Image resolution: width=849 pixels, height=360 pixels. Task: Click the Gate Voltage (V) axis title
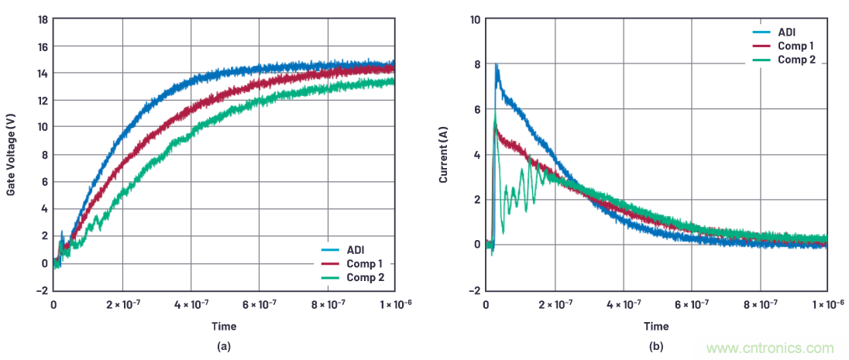[12, 154]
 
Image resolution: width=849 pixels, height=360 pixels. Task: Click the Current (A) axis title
[444, 154]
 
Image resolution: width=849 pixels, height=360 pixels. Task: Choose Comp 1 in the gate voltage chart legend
[364, 264]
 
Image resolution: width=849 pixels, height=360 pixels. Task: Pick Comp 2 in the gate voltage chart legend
[364, 277]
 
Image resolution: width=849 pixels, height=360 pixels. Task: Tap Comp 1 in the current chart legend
[796, 46]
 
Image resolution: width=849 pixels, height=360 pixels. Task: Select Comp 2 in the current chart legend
[796, 59]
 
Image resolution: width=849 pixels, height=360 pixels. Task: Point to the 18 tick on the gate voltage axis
[43, 19]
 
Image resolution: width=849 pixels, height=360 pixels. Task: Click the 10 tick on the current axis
[475, 19]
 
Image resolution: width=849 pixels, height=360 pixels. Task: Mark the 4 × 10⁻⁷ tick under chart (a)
[190, 305]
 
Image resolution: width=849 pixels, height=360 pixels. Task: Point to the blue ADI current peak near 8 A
[497, 66]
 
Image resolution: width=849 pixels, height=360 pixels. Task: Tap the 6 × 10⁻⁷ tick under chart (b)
[691, 305]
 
